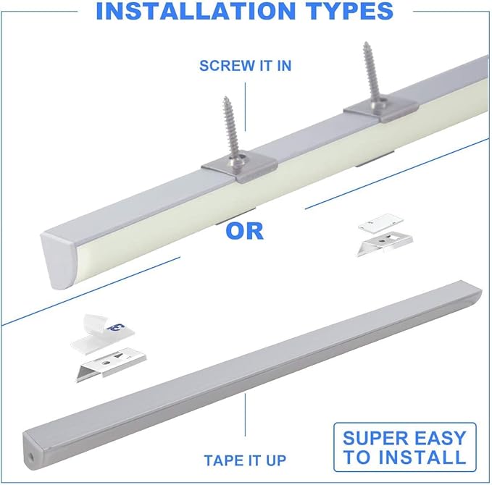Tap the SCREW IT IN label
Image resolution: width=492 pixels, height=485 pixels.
point(245,66)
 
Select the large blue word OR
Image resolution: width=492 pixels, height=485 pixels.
point(244,231)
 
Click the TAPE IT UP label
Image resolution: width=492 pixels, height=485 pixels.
point(245,460)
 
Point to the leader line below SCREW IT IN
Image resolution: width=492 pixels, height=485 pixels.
point(245,105)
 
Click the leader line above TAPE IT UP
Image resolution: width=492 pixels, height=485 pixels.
point(245,420)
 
